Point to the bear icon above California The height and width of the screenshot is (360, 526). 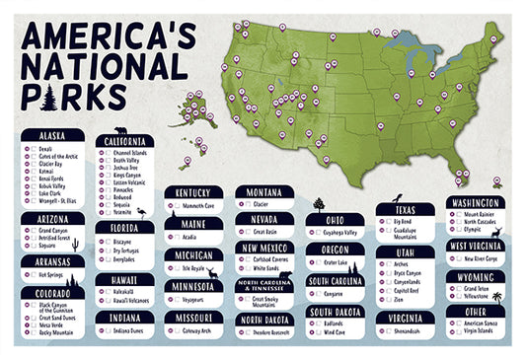click(x=120, y=130)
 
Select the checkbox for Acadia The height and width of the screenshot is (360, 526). click(x=172, y=237)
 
